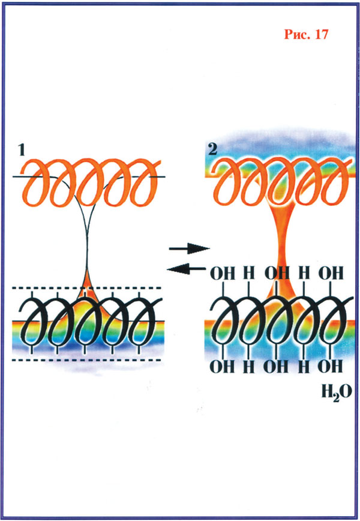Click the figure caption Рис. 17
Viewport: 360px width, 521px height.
pyautogui.click(x=306, y=34)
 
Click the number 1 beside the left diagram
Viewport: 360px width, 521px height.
pyautogui.click(x=22, y=150)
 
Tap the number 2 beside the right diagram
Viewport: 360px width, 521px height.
pyautogui.click(x=212, y=149)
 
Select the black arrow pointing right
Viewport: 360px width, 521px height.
pyautogui.click(x=189, y=248)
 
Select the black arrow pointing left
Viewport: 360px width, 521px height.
pyautogui.click(x=187, y=269)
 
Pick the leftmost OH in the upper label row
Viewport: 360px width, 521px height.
pyautogui.click(x=223, y=274)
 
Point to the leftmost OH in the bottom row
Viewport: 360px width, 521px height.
pyautogui.click(x=223, y=367)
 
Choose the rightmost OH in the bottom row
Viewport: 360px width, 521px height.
pyautogui.click(x=330, y=366)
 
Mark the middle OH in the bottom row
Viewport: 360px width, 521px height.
pyautogui.click(x=276, y=367)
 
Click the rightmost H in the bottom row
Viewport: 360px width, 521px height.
pyautogui.click(x=304, y=367)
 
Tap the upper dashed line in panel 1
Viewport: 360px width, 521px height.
pyautogui.click(x=86, y=288)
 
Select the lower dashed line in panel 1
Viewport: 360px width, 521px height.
pyautogui.click(x=86, y=360)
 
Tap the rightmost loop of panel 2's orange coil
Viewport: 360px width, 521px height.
pyautogui.click(x=335, y=182)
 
